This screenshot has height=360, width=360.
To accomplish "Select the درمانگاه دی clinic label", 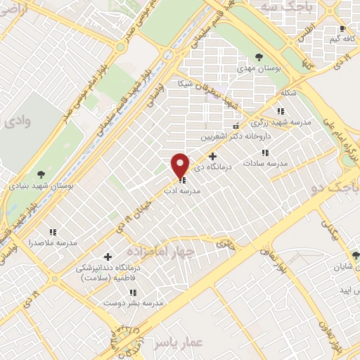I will pyautogui.click(x=211, y=168).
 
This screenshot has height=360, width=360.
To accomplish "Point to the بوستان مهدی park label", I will pyautogui.click(x=257, y=68).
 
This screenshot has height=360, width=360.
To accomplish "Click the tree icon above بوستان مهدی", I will pyautogui.click(x=259, y=56).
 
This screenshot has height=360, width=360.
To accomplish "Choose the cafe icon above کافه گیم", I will pyautogui.click(x=342, y=29).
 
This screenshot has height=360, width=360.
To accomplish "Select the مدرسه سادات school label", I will pyautogui.click(x=266, y=163).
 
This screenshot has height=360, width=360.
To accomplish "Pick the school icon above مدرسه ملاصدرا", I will pyautogui.click(x=52, y=231).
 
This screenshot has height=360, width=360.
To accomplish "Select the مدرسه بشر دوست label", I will pyautogui.click(x=133, y=304).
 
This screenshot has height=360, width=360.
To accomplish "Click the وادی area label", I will pyautogui.click(x=18, y=122).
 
